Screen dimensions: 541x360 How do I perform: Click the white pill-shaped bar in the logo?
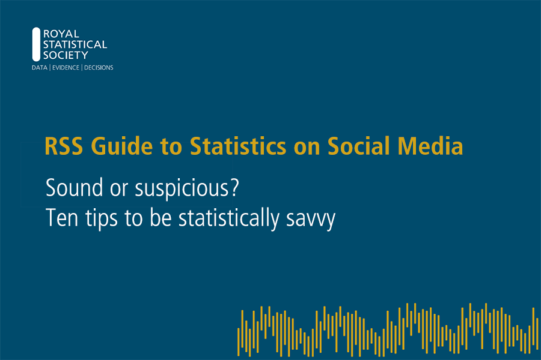coord(36,44)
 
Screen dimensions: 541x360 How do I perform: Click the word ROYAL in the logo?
coord(61,34)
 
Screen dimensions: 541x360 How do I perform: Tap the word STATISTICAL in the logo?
coord(75,45)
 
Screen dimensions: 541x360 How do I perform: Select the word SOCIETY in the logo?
coord(66,55)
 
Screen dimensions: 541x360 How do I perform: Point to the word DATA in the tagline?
coord(39,68)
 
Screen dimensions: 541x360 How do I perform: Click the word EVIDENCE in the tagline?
coord(66,68)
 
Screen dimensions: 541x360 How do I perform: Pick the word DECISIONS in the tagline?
coord(99,68)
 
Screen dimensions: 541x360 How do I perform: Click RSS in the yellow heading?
coord(64,146)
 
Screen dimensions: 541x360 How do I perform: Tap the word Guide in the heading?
coord(122,146)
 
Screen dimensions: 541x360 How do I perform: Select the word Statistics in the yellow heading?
coord(238,146)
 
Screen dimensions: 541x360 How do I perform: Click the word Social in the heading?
coord(358,146)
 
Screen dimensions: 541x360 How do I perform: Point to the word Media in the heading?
coord(430,146)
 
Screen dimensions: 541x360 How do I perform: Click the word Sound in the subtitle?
coord(74,188)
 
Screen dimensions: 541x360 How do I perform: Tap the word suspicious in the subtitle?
coord(182,189)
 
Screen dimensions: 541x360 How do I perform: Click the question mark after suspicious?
coord(234,188)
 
